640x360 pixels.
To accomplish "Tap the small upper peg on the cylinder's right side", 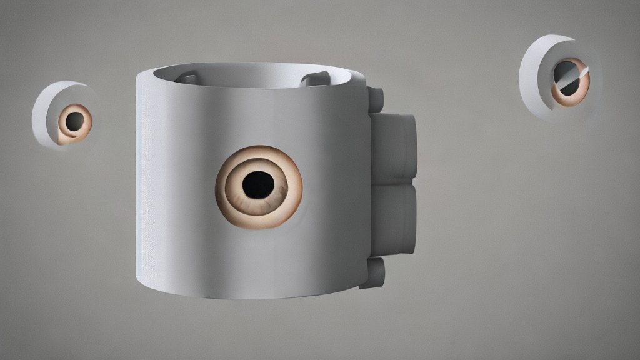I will coord(376,99).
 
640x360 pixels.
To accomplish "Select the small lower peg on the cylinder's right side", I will coord(373,273).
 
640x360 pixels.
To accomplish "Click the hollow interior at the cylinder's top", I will coord(250,75).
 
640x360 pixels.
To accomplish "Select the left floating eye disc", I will coord(62,116).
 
